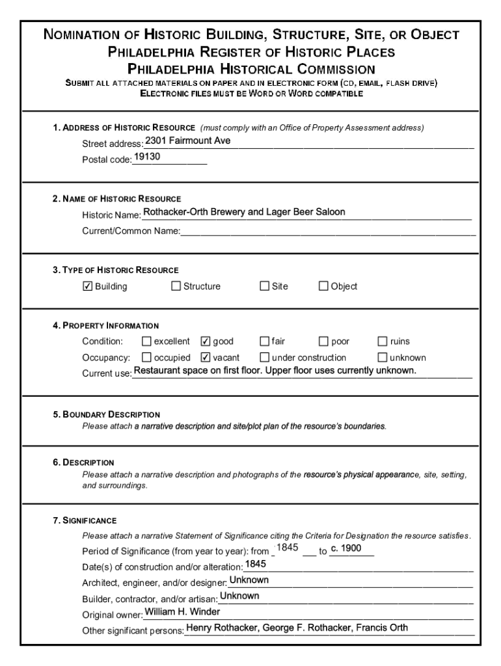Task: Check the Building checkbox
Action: click(x=88, y=286)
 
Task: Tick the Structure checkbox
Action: click(x=176, y=286)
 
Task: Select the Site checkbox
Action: click(x=265, y=286)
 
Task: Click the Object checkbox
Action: click(x=323, y=286)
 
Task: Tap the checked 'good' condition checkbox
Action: click(x=206, y=341)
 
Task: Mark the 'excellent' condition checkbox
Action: click(x=146, y=341)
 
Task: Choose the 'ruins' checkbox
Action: click(x=383, y=341)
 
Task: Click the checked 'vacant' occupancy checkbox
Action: click(x=206, y=357)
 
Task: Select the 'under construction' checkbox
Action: click(x=265, y=357)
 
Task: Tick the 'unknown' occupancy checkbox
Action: click(x=383, y=357)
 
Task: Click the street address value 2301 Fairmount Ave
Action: click(x=187, y=140)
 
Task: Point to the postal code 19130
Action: click(x=148, y=157)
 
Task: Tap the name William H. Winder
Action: click(x=182, y=612)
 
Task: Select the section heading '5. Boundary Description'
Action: click(x=107, y=414)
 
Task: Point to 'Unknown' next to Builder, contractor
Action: click(x=239, y=596)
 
